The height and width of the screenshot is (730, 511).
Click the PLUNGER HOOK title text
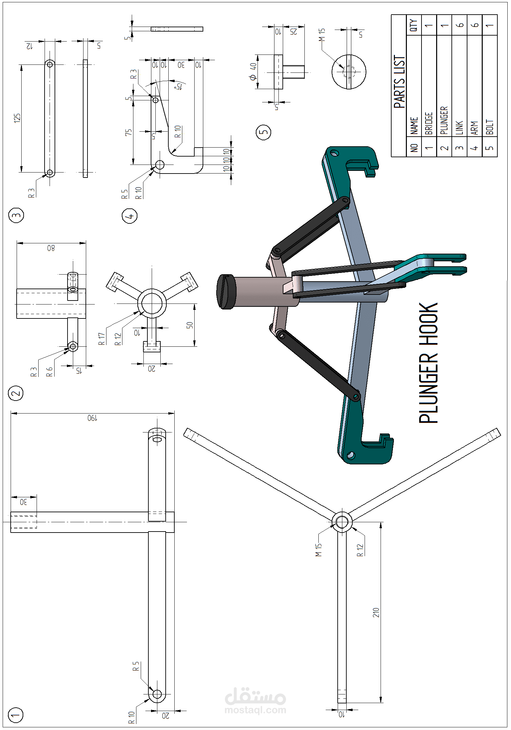(x=428, y=362)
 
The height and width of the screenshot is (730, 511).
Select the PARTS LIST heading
(x=399, y=82)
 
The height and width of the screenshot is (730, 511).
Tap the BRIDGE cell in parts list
(x=429, y=123)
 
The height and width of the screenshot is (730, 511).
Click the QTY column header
(x=414, y=25)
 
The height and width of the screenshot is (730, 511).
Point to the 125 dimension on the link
(x=17, y=118)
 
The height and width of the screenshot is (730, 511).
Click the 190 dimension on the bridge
(x=92, y=418)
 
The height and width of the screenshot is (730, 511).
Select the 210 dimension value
(x=376, y=612)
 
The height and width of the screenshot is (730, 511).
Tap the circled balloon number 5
(x=263, y=132)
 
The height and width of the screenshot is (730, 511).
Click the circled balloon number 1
(x=16, y=715)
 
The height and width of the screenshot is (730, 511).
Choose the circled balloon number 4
(x=130, y=216)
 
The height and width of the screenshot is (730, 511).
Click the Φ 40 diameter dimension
(x=253, y=72)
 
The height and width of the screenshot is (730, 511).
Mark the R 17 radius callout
(x=102, y=339)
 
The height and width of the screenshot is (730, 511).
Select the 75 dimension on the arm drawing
(x=128, y=132)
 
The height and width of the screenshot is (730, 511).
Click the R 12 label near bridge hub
(x=360, y=550)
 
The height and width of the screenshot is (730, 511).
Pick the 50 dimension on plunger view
(x=190, y=325)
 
